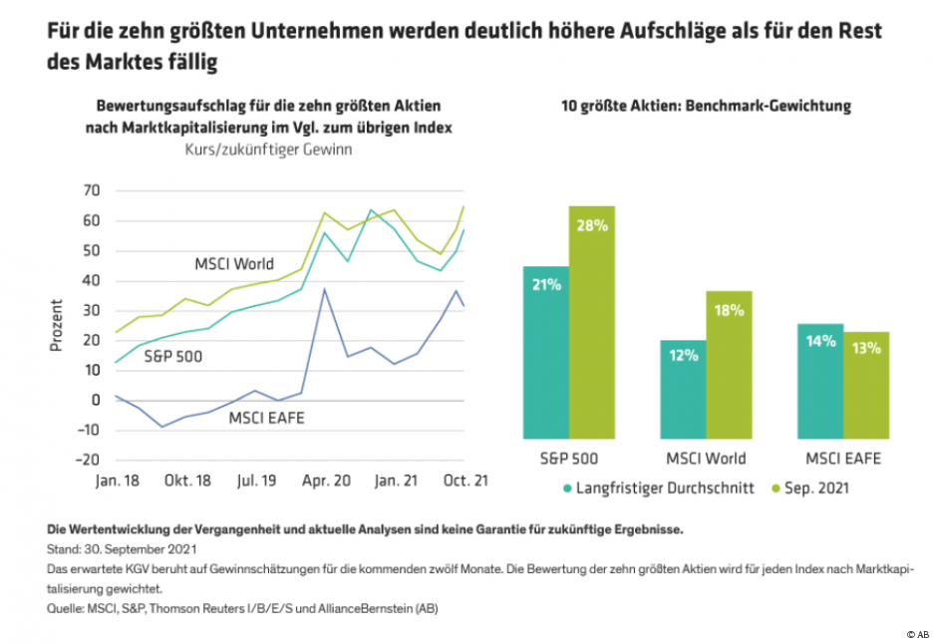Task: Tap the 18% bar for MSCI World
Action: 730,365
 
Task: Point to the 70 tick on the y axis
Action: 91,190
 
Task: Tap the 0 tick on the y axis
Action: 95,401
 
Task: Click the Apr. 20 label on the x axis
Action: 327,482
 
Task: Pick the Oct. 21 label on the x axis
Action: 465,482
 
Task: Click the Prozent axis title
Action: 58,325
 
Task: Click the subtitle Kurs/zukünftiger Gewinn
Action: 268,150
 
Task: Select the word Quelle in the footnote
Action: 67,607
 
